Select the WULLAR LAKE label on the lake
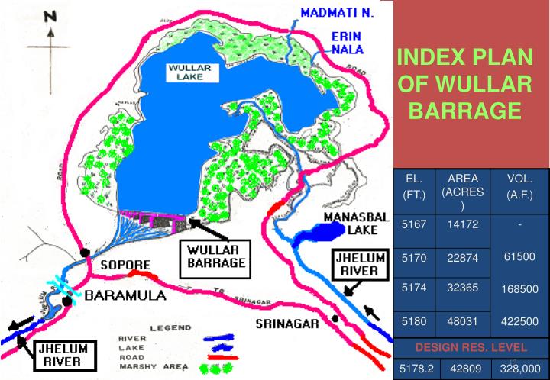coord(189,75)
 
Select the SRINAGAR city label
coord(286,323)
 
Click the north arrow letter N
coord(50,17)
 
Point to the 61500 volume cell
coord(519,258)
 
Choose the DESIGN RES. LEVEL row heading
coord(471,348)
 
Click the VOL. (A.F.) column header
coord(519,188)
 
